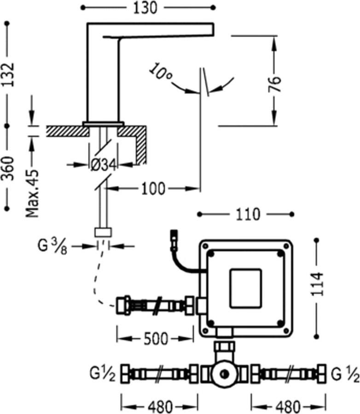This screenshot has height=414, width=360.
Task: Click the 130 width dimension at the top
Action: tap(146, 8)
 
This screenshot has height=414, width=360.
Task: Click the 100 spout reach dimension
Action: tap(153, 188)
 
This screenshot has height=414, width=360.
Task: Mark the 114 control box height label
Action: tap(317, 285)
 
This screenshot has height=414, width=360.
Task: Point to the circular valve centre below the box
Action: tap(225, 373)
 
